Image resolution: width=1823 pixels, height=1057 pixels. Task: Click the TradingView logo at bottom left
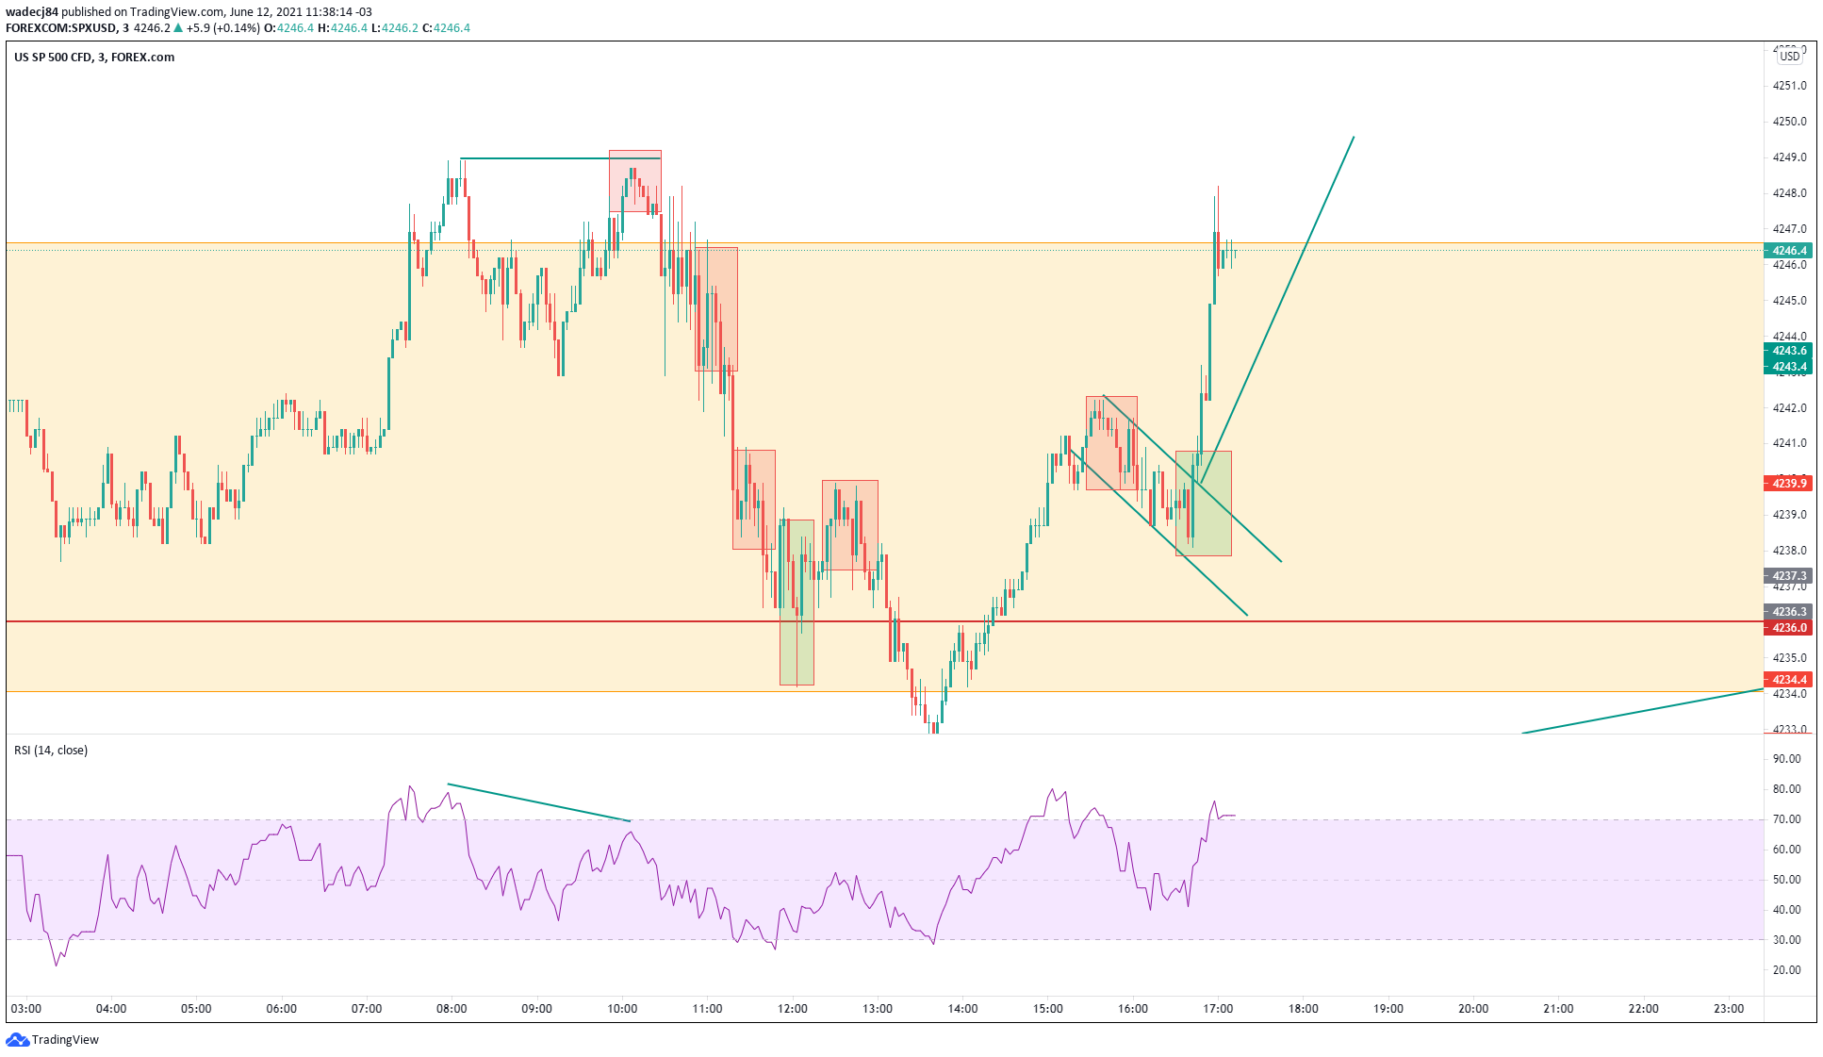point(53,1039)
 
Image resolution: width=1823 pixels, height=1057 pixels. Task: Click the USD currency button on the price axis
point(1789,57)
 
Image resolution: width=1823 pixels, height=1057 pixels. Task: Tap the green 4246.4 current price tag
point(1788,251)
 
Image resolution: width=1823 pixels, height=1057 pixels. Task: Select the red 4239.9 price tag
point(1788,484)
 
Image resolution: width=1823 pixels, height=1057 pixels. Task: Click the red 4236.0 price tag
point(1788,628)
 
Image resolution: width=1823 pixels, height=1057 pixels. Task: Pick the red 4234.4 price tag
point(1788,680)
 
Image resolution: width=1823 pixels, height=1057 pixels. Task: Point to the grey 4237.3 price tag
point(1788,576)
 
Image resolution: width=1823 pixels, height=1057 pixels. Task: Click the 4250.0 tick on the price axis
point(1789,122)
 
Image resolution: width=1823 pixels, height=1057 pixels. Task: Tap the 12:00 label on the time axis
point(792,1009)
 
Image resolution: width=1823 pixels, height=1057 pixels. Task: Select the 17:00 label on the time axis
point(1218,1009)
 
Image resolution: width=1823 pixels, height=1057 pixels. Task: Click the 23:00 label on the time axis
point(1728,1009)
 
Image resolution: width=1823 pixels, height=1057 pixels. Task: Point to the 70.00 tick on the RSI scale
point(1786,819)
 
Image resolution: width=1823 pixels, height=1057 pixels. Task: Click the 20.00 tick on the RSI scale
point(1786,970)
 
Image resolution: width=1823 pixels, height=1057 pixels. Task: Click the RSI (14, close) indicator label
point(51,751)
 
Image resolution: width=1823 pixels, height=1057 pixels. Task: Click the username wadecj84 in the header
point(32,12)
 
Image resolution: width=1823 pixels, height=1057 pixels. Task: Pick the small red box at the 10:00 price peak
point(635,181)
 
